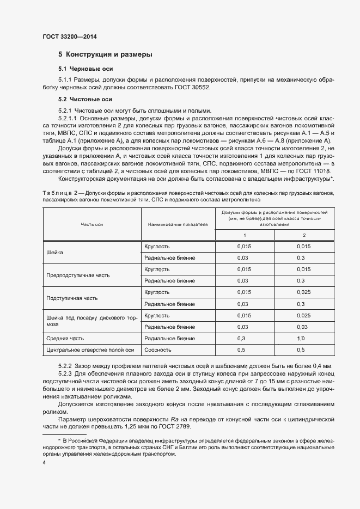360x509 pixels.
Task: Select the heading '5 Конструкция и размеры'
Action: tap(105, 54)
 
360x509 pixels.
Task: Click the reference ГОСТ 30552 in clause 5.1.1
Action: tap(192, 87)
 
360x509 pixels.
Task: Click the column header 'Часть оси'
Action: tap(92, 224)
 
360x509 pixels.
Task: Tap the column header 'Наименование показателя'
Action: tap(178, 224)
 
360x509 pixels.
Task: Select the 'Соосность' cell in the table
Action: tap(157, 349)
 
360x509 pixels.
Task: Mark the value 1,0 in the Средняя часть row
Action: tap(300, 338)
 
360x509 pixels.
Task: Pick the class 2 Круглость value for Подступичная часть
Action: tap(304, 292)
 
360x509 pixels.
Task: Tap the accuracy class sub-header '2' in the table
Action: tap(304, 235)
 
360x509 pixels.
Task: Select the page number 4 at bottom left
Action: tap(44, 462)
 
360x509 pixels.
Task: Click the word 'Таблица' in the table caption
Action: tap(56, 193)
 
